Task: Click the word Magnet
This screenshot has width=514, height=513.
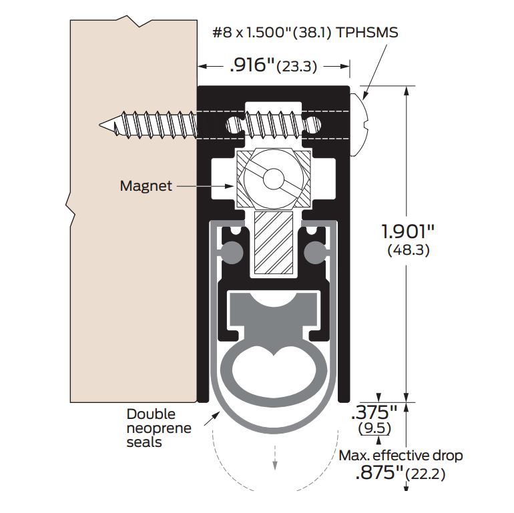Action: point(146,186)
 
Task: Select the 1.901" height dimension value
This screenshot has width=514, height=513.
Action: point(408,231)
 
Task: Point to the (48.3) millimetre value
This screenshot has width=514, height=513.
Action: point(408,251)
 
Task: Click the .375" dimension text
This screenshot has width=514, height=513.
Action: point(374,412)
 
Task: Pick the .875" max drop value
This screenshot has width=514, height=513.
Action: point(379,472)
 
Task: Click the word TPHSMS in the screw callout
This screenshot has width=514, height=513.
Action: point(367,33)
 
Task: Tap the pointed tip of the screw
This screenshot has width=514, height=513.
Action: point(99,125)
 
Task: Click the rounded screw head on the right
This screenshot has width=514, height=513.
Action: point(360,125)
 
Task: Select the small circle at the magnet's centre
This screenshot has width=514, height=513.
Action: point(274,179)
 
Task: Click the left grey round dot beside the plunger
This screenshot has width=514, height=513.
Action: point(232,252)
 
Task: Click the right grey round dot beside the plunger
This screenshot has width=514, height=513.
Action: point(315,252)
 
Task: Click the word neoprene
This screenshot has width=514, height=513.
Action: point(159,428)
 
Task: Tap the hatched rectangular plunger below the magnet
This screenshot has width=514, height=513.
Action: point(274,242)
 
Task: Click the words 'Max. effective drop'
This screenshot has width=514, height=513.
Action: point(401,456)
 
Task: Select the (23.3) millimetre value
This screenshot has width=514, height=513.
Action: point(297,67)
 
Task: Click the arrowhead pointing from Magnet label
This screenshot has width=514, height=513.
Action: point(230,186)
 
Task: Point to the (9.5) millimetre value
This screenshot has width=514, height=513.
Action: point(374,428)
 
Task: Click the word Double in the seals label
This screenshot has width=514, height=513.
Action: point(151,414)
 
